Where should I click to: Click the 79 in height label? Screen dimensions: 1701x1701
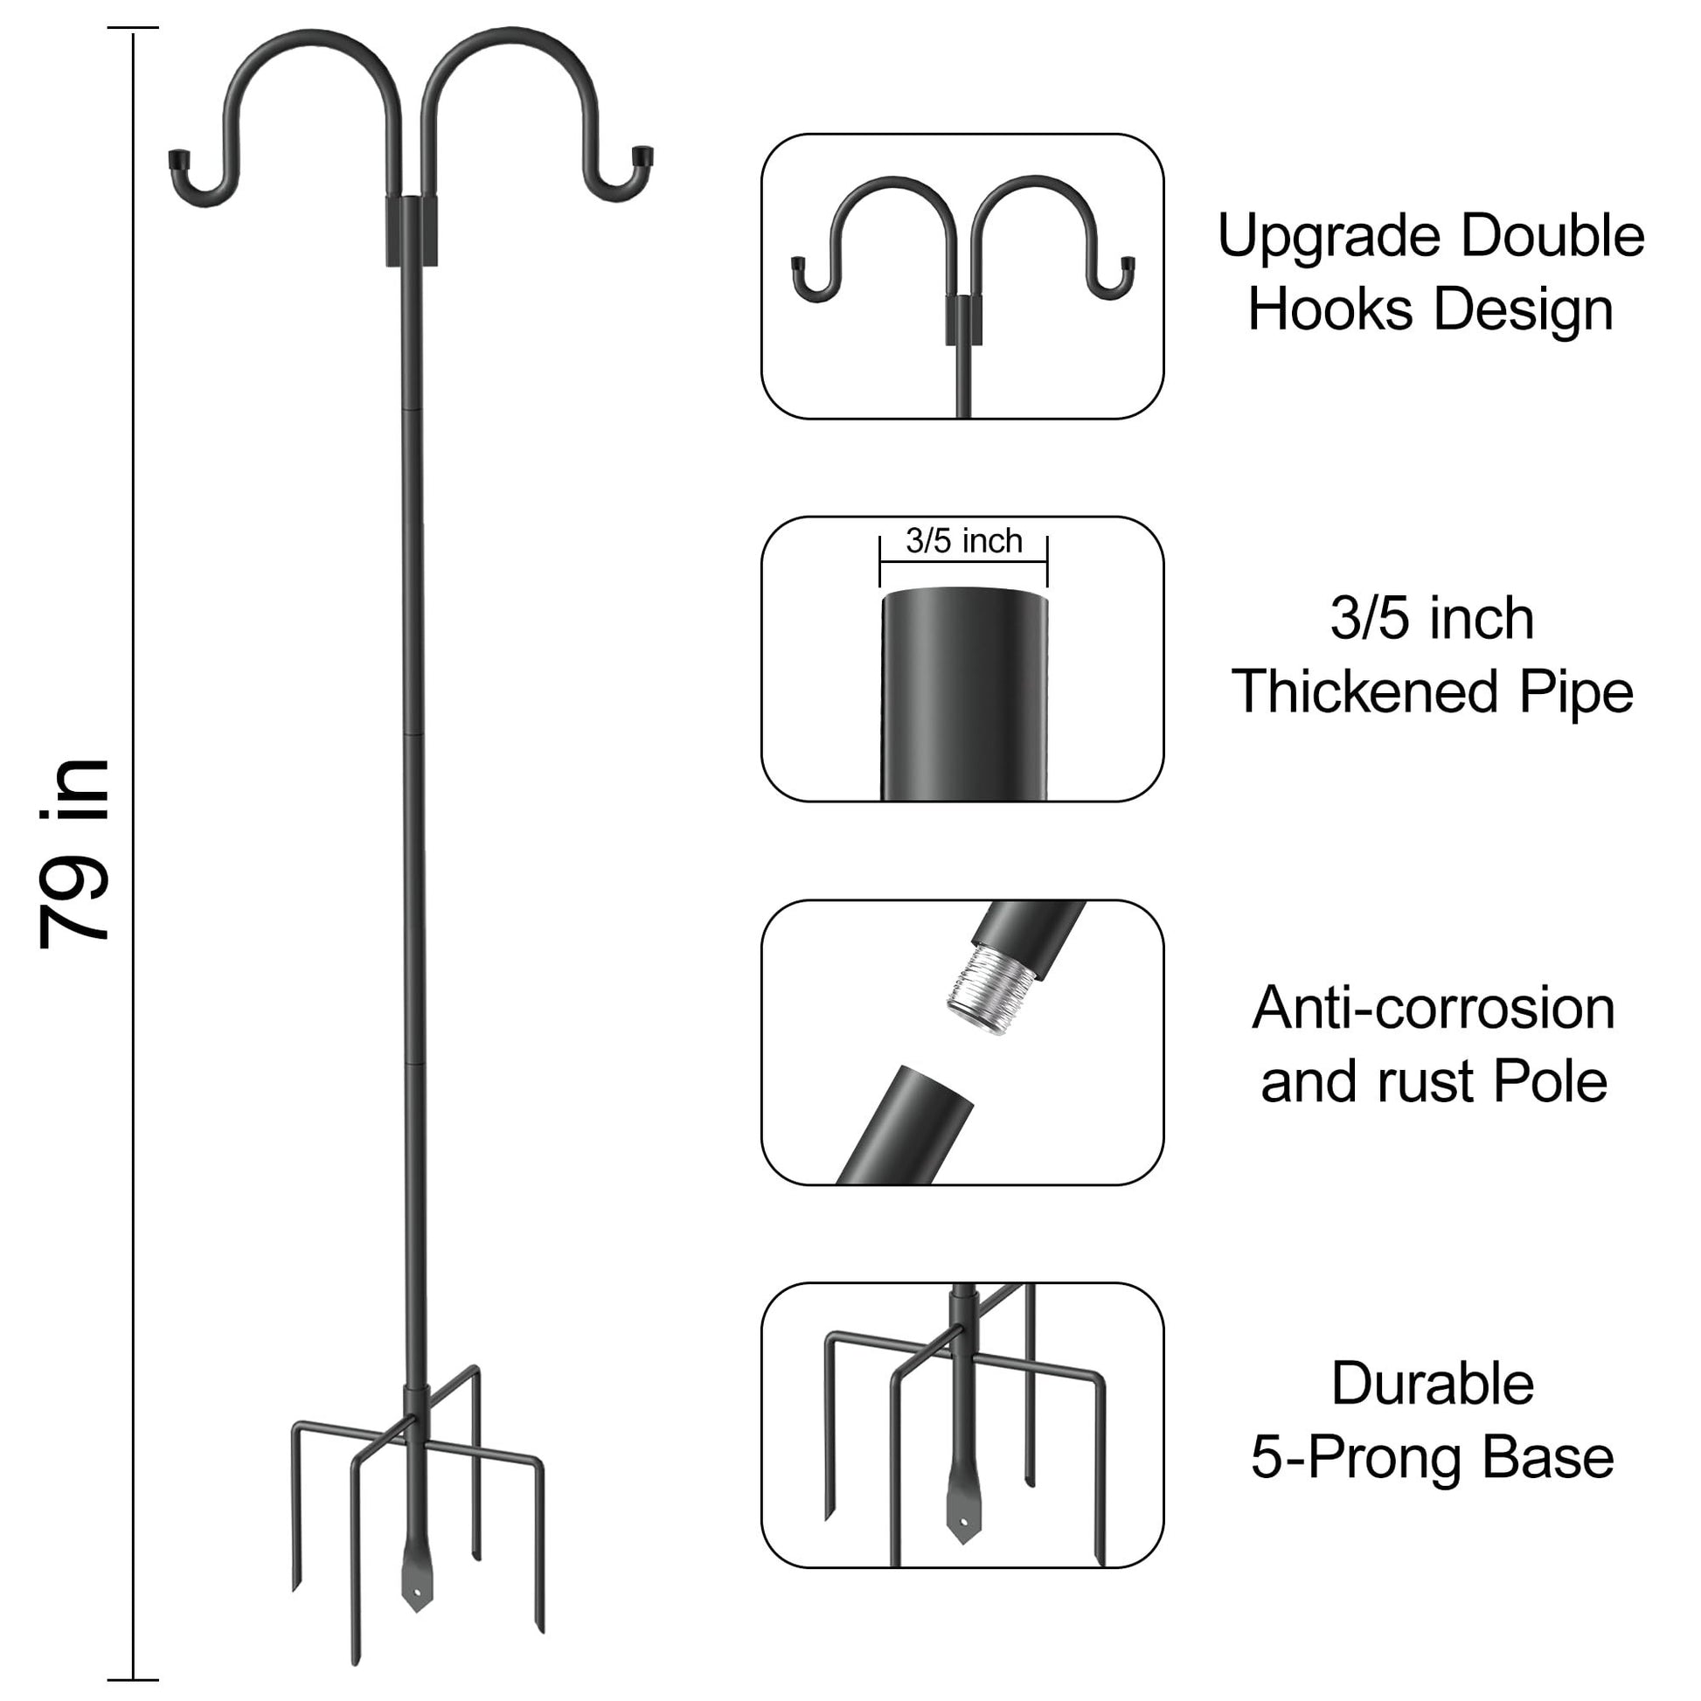pos(75,853)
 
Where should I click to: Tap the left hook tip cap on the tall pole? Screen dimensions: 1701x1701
pos(179,161)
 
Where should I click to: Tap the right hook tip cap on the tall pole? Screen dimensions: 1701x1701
pos(642,157)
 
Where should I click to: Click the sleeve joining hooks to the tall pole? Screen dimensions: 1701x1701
pos(411,231)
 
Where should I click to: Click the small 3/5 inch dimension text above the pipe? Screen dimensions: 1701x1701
pos(964,540)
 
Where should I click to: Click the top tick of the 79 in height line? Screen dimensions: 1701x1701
pos(133,28)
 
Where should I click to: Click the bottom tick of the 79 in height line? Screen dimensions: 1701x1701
pos(133,1680)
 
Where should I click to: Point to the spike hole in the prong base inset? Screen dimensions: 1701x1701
pos(963,1522)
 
